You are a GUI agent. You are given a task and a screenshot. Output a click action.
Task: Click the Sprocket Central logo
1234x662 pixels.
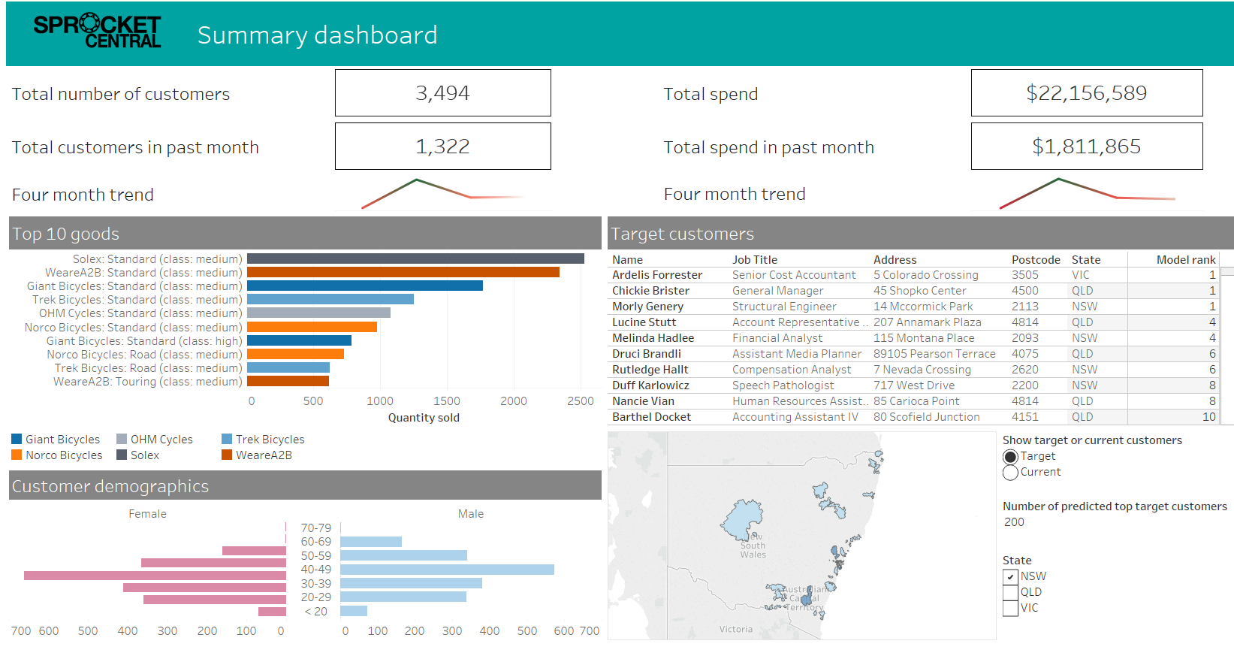click(x=97, y=32)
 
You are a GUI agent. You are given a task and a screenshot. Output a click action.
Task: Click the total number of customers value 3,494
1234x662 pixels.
click(x=442, y=93)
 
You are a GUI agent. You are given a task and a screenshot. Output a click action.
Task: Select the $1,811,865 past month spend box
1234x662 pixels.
click(x=1086, y=147)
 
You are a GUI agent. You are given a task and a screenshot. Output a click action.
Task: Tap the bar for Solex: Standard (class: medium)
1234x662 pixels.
click(x=415, y=258)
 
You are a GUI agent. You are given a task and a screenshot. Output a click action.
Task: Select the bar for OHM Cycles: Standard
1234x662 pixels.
click(x=318, y=313)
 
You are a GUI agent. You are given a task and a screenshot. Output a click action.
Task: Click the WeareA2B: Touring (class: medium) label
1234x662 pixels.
click(x=147, y=382)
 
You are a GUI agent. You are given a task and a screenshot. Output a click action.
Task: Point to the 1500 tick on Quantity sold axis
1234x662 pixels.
click(x=446, y=401)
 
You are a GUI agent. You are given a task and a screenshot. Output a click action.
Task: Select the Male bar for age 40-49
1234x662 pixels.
click(x=447, y=570)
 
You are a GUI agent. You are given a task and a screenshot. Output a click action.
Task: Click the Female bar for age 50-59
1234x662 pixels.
click(x=213, y=562)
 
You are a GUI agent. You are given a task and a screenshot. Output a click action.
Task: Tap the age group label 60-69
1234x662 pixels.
click(x=315, y=542)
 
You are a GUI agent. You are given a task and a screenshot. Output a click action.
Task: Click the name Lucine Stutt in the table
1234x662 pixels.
click(x=644, y=322)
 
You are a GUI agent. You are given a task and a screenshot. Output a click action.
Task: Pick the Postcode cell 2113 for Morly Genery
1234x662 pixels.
click(x=1024, y=307)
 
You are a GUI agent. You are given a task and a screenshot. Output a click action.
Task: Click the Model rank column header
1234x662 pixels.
click(x=1185, y=260)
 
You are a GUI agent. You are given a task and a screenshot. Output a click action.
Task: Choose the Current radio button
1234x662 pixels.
click(x=1010, y=473)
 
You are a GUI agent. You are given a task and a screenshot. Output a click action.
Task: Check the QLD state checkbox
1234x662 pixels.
click(x=1010, y=593)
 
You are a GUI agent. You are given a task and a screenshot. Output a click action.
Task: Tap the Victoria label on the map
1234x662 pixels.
click(x=735, y=630)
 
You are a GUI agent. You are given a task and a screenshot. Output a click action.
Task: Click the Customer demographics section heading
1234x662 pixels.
click(x=110, y=486)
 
